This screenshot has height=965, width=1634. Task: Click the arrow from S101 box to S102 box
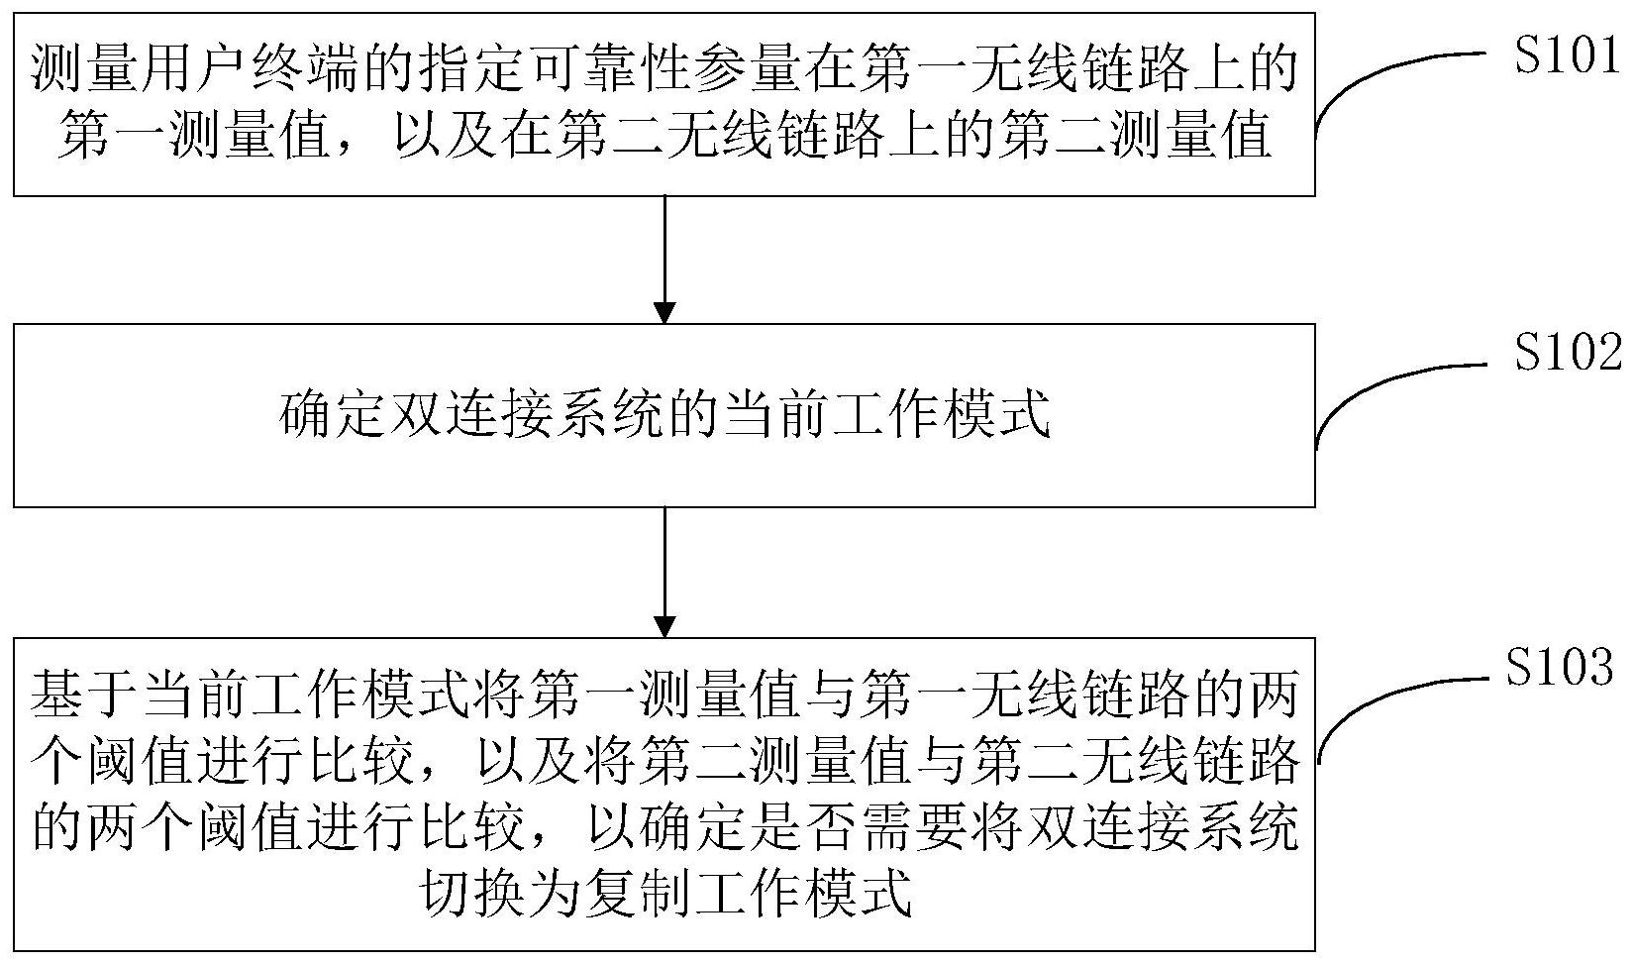pos(665,259)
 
